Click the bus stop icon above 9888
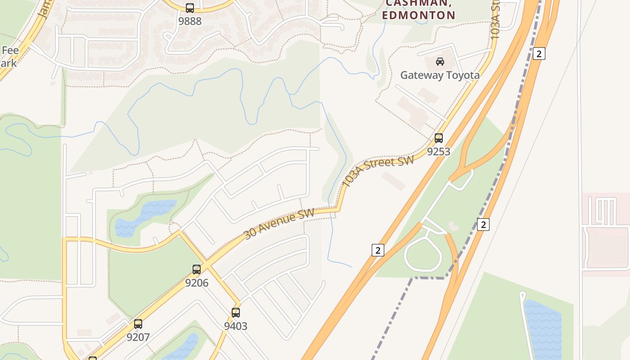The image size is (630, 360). click(x=190, y=8)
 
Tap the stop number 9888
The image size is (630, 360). click(x=190, y=21)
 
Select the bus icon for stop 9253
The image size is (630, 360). click(x=439, y=138)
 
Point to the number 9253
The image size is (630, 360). click(x=439, y=152)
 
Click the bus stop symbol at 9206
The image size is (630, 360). click(x=197, y=270)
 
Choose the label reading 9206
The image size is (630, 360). click(x=197, y=283)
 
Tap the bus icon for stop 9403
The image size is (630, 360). click(x=236, y=313)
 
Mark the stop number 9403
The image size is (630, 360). click(x=236, y=326)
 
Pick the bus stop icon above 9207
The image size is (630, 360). click(x=138, y=324)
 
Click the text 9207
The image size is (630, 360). click(x=138, y=337)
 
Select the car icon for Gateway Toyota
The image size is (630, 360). click(x=440, y=62)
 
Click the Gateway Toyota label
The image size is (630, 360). click(x=440, y=75)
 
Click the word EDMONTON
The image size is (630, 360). click(x=418, y=15)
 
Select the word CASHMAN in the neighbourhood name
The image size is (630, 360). click(x=418, y=3)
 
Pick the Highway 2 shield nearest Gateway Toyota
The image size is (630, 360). click(x=539, y=54)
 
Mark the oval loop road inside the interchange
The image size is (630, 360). click(x=423, y=255)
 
